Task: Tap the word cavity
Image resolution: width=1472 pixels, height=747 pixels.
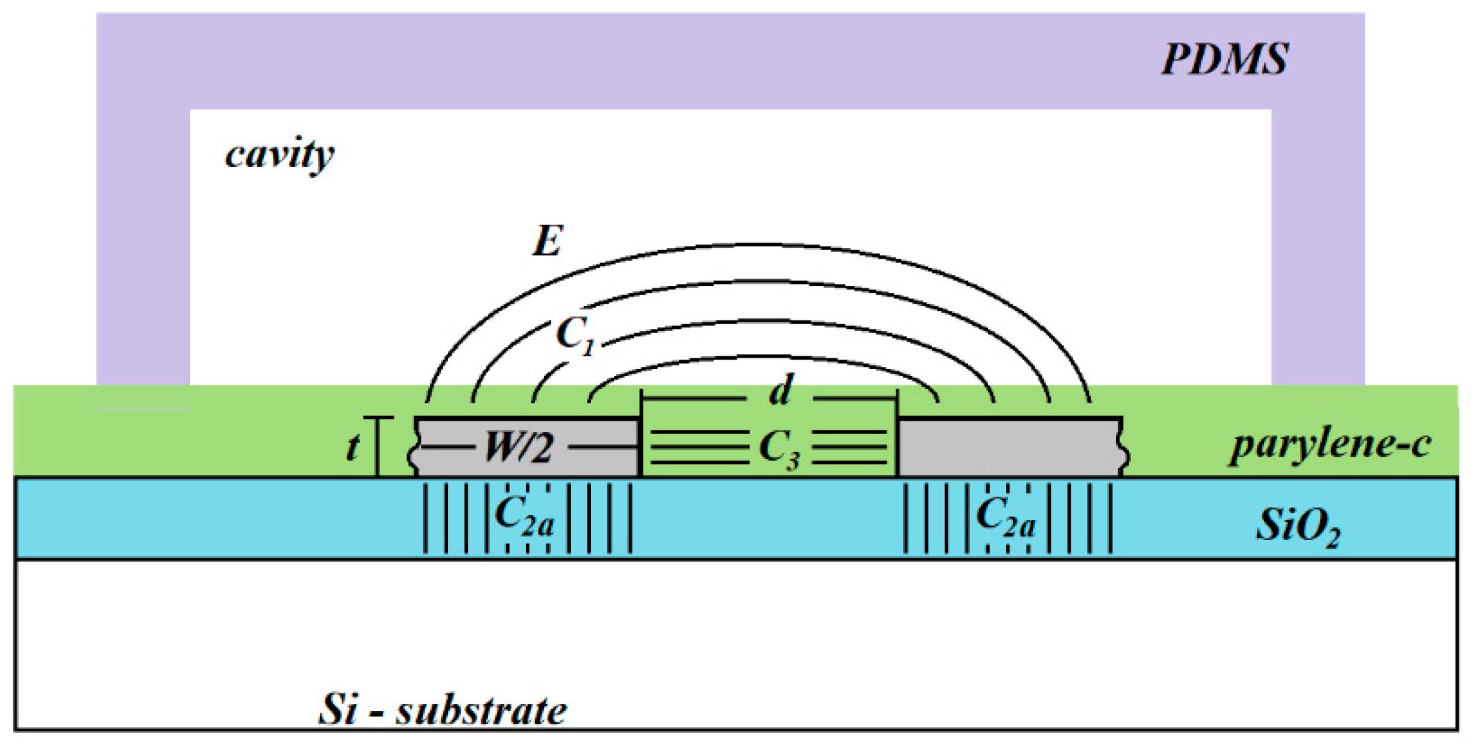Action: pos(280,155)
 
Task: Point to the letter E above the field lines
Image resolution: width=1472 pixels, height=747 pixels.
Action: pos(548,241)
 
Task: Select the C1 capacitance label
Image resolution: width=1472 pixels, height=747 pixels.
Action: pos(575,334)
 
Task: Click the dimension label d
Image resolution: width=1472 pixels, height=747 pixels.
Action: pos(781,391)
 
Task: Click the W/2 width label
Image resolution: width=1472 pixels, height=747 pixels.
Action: pos(518,447)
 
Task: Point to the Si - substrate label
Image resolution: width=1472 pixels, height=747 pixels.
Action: pos(442,710)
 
